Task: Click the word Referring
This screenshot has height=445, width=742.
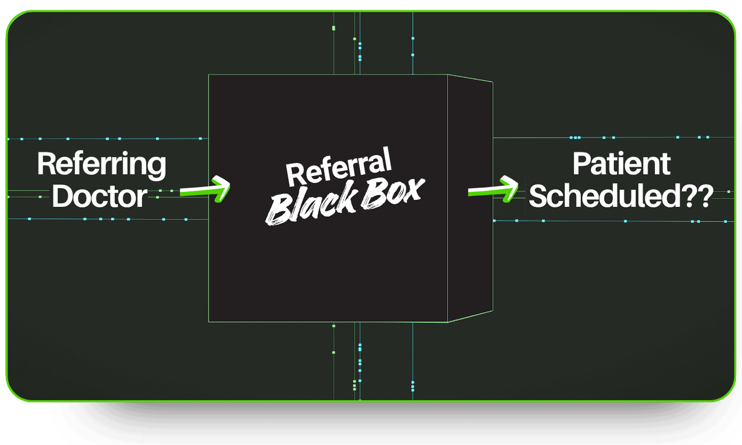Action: pyautogui.click(x=102, y=164)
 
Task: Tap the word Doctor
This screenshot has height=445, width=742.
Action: pyautogui.click(x=99, y=196)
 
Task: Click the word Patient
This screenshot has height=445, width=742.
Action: pyautogui.click(x=621, y=164)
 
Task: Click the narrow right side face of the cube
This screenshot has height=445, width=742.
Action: pyautogui.click(x=470, y=198)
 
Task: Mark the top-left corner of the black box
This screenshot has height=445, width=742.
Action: pyautogui.click(x=208, y=75)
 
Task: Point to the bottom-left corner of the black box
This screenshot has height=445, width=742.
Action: pyautogui.click(x=208, y=321)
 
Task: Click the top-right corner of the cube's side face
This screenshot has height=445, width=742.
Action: pyautogui.click(x=492, y=82)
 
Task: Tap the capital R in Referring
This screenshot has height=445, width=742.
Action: pyautogui.click(x=46, y=164)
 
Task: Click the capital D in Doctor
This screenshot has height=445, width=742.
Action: pyautogui.click(x=61, y=196)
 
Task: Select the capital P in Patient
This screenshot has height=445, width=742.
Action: pyautogui.click(x=581, y=164)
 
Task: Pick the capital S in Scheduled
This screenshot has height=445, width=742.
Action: pyautogui.click(x=537, y=196)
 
